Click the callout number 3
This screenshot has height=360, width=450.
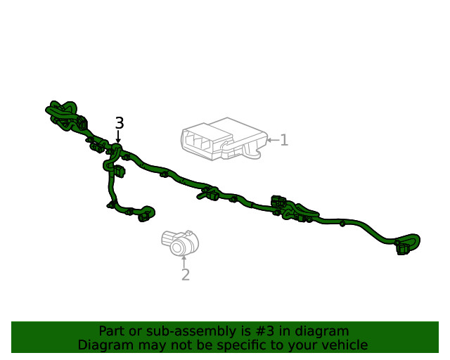[x=120, y=123]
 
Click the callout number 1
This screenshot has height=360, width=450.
[x=284, y=140]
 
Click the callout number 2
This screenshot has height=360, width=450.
[x=186, y=275]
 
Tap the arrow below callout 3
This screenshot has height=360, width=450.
[x=118, y=136]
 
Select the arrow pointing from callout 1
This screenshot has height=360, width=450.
[x=273, y=140]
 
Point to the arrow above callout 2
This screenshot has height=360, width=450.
[x=184, y=262]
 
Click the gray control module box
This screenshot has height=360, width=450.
[x=224, y=139]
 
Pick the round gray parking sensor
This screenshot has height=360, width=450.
[x=180, y=243]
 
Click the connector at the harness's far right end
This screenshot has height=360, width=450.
[x=403, y=249]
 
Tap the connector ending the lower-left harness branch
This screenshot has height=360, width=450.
[x=145, y=216]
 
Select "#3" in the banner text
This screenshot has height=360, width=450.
[x=265, y=331]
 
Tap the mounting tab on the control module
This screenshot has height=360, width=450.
[x=252, y=150]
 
